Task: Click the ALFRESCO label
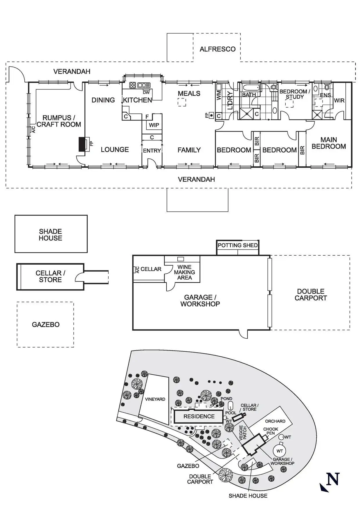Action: pos(217,49)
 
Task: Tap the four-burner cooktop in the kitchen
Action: pos(133,85)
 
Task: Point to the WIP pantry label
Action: pos(154,125)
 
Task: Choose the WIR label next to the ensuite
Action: pos(339,100)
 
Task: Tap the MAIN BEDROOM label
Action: pos(329,143)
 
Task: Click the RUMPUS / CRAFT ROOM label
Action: pos(59,121)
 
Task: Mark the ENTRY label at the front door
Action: pos(152,151)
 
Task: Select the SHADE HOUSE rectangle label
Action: pos(51,235)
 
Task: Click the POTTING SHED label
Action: pos(237,245)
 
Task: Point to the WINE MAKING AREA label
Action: pos(184,272)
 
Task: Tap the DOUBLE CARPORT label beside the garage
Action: pos(311,295)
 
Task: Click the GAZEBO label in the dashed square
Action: pos(46,324)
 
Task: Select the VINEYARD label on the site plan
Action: pos(155,399)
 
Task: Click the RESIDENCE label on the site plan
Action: pos(199,416)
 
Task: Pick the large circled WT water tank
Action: pos(279,451)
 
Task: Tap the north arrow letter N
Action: pos(333,479)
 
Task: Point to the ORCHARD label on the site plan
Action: pos(275,421)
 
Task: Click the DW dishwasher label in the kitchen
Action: pos(146,93)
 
